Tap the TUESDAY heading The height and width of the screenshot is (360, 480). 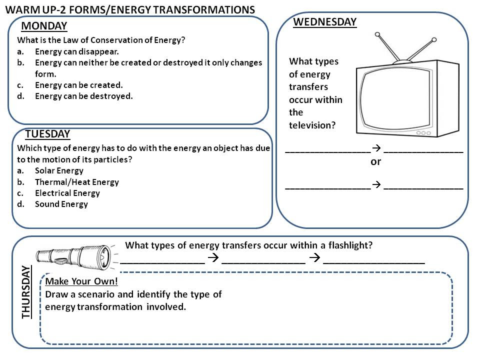point(47,134)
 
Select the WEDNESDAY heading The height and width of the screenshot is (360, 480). point(324,21)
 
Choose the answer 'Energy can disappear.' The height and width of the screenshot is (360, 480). point(77,51)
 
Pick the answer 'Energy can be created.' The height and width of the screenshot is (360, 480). point(78,85)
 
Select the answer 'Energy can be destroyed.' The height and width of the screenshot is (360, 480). point(83,96)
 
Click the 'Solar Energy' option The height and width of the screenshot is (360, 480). point(59,170)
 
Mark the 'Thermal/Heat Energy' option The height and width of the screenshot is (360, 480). point(76,182)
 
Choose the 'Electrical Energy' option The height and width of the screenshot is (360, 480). point(67,193)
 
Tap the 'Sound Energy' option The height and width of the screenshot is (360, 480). point(61,204)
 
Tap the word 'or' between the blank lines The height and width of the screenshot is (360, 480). point(375,161)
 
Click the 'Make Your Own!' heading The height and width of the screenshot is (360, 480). point(81,281)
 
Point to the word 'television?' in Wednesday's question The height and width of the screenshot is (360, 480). point(312,125)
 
